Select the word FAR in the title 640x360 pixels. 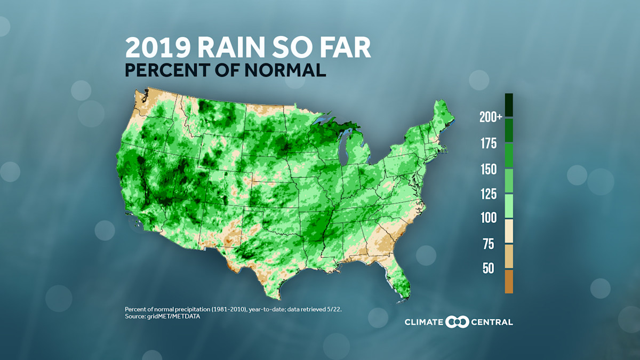coord(343,47)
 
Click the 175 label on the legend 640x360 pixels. coord(488,143)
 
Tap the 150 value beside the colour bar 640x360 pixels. coord(488,170)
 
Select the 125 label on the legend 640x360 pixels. coord(488,194)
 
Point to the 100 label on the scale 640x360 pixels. coord(488,218)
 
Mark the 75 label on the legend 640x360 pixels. coord(489,244)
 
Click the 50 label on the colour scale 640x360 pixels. coord(489,268)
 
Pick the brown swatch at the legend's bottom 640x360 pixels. coord(509,282)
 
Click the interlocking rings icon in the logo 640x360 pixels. coord(457,322)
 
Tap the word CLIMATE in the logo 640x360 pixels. coord(423,322)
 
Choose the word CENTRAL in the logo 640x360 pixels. coord(491,322)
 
